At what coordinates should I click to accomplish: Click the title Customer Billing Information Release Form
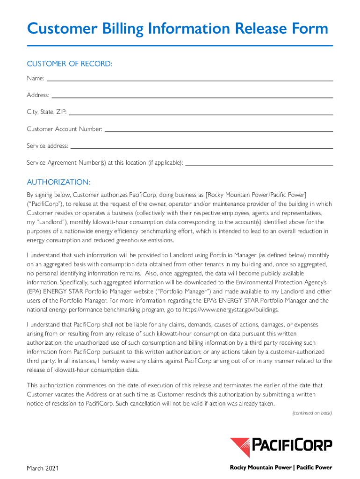pyautogui.click(x=178, y=29)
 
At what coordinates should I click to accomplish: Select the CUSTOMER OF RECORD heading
pyautogui.click(x=70, y=64)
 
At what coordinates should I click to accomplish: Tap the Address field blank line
pyautogui.click(x=192, y=97)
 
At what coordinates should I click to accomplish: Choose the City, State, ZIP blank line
pyautogui.click(x=201, y=114)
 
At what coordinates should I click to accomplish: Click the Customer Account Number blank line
pyautogui.click(x=218, y=131)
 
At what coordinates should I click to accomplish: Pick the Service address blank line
pyautogui.click(x=202, y=148)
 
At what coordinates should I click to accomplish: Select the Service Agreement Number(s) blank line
pyautogui.click(x=259, y=165)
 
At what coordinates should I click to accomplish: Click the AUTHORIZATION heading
pyautogui.click(x=58, y=182)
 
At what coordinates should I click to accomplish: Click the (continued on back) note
pyautogui.click(x=312, y=413)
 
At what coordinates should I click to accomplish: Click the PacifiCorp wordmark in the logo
pyautogui.click(x=292, y=444)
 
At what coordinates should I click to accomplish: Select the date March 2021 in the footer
pyautogui.click(x=43, y=468)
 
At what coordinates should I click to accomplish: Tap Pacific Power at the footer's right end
pyautogui.click(x=314, y=467)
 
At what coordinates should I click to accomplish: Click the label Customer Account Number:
pyautogui.click(x=65, y=129)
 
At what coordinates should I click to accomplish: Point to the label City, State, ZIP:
pyautogui.click(x=47, y=112)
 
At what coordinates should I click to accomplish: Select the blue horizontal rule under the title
pyautogui.click(x=180, y=45)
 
